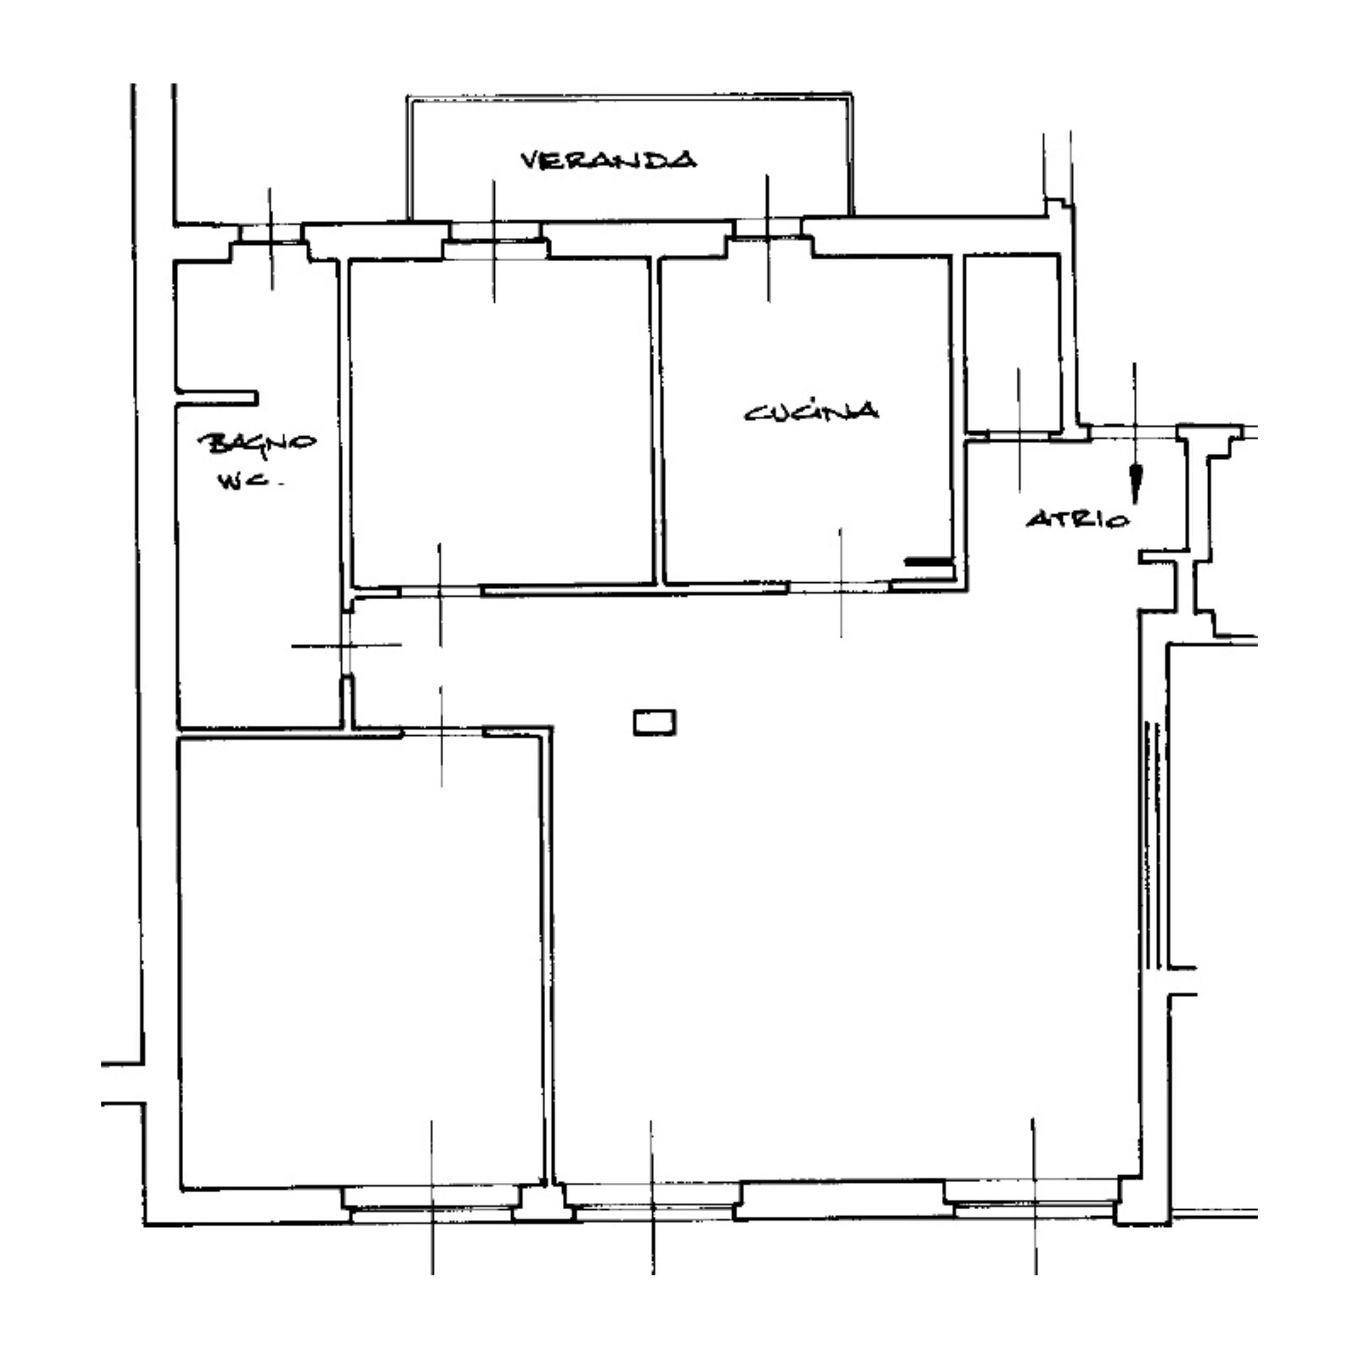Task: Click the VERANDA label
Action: click(x=609, y=160)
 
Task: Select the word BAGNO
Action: click(x=257, y=444)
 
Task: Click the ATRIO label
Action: click(x=1078, y=520)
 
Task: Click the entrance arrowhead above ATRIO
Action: click(x=1134, y=485)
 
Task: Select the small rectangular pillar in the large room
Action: click(x=655, y=722)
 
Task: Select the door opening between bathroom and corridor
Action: click(x=346, y=643)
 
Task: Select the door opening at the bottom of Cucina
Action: click(x=840, y=586)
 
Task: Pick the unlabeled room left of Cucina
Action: click(x=500, y=422)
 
